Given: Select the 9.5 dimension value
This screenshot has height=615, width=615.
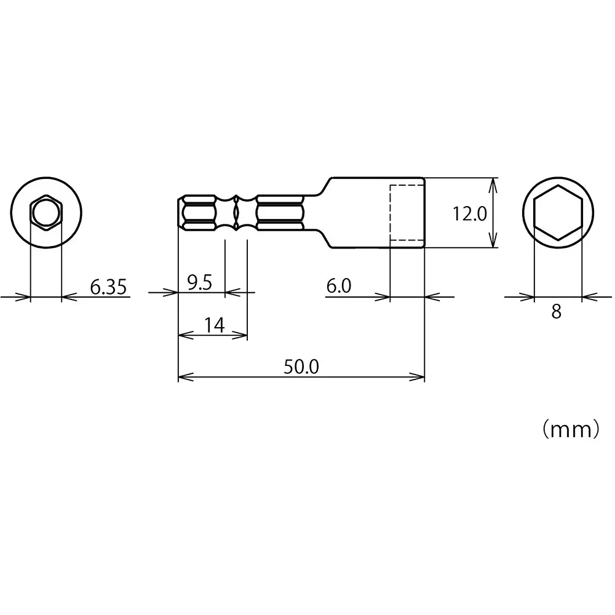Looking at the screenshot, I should click(199, 283).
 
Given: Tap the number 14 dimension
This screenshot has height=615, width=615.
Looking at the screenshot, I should click(213, 325).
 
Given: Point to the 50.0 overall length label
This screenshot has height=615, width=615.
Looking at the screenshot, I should click(301, 367).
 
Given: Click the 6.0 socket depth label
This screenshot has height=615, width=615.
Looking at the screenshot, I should click(338, 286).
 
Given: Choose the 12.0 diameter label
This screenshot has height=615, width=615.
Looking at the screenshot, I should click(470, 214).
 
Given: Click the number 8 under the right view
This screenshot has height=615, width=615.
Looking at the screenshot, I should click(557, 312).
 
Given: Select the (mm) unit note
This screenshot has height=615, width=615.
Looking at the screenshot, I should click(570, 429).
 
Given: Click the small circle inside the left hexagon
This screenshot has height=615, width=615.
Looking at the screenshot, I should click(46, 213).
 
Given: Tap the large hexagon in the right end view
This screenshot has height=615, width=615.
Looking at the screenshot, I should click(557, 212).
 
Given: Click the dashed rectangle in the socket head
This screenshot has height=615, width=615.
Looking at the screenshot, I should click(407, 213).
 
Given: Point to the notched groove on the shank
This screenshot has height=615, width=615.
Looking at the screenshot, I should click(236, 213).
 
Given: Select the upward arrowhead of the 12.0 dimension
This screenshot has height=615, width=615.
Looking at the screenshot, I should click(493, 183).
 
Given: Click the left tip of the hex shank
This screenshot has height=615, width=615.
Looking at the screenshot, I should click(180, 213).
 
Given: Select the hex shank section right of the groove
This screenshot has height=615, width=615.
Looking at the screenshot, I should click(280, 213).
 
